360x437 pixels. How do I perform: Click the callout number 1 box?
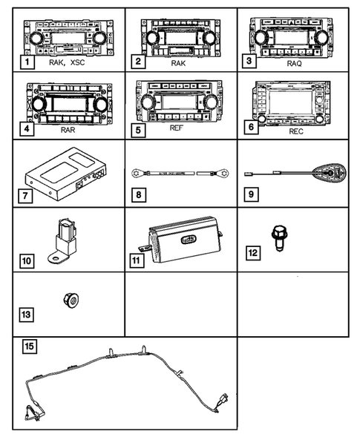tap(27, 64)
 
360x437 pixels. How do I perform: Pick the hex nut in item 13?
tap(73, 300)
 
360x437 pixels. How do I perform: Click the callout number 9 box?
tap(251, 198)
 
